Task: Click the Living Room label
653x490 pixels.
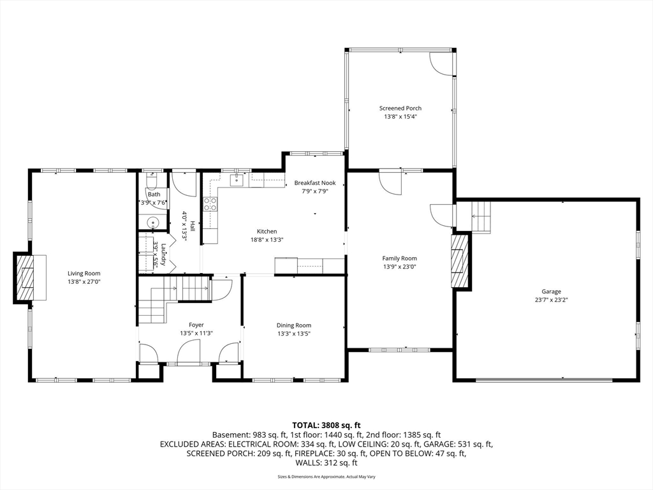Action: [x=84, y=274]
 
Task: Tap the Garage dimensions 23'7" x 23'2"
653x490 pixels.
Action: [x=552, y=300]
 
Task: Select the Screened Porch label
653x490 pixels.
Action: [x=400, y=108]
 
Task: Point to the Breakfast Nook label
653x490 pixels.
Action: [x=315, y=183]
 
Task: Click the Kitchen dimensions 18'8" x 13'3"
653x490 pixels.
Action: [x=267, y=240]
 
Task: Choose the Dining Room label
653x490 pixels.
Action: [x=294, y=325]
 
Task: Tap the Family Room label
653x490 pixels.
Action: [x=400, y=258]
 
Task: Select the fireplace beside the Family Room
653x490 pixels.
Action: [x=460, y=260]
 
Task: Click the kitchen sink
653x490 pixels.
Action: [x=237, y=179]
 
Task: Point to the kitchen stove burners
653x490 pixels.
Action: [x=210, y=204]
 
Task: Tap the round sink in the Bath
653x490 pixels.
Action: [x=153, y=223]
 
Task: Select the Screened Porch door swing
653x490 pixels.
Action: [x=441, y=64]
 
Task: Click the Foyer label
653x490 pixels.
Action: [x=196, y=325]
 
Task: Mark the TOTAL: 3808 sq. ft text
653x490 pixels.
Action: [x=326, y=426]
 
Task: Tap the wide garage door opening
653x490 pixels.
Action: [x=544, y=379]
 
